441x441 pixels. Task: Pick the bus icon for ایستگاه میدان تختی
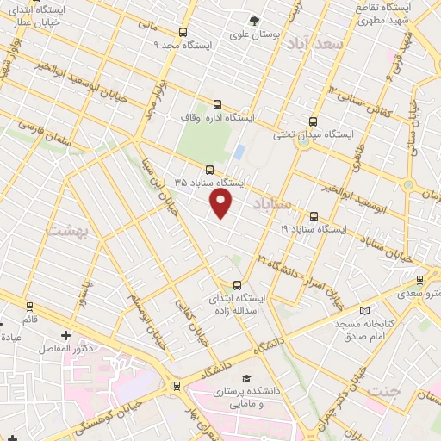point(312,121)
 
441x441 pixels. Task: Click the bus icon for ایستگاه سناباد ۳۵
point(209,169)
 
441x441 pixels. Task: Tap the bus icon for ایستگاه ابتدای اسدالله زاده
point(238,285)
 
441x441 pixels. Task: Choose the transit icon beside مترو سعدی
point(419,280)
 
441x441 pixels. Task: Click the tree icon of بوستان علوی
point(253,22)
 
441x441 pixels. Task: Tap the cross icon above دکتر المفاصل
point(66,335)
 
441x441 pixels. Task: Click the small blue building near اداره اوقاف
point(239,153)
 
